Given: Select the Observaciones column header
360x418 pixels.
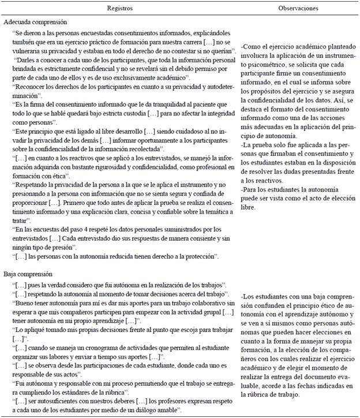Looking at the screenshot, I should (x=298, y=9).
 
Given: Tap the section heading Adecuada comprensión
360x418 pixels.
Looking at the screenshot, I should (x=32, y=22).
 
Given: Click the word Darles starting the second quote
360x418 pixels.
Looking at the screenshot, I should (x=28, y=60).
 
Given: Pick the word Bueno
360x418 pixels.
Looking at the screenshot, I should (x=25, y=309).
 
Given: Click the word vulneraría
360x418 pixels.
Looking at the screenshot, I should (x=29, y=52).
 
